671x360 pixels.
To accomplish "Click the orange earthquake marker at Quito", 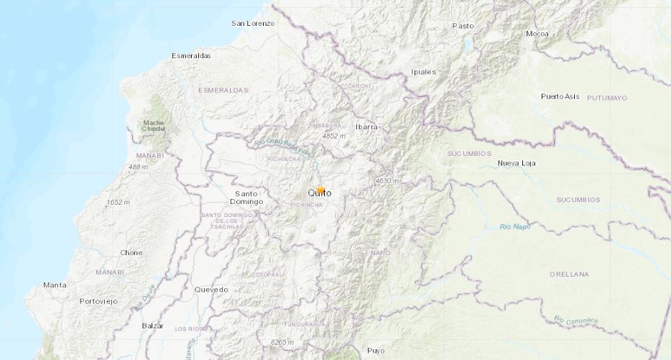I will point(320,190).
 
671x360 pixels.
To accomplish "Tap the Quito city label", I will point(319,193).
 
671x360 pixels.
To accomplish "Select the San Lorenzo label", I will point(252,24).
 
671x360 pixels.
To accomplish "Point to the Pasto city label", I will point(463,26).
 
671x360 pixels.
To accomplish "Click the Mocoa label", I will point(537,34).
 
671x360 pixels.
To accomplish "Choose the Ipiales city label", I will point(423,72).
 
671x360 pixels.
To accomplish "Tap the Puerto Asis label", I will point(560,96).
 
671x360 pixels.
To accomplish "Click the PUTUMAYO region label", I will point(607,97).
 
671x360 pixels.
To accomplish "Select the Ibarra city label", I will point(366,126).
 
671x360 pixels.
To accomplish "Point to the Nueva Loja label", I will point(518,165).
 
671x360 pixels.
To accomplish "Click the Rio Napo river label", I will point(514,227).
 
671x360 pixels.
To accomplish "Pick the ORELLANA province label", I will point(568,274).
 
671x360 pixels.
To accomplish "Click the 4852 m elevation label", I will point(334,135).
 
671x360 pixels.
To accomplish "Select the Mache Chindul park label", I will point(153,125).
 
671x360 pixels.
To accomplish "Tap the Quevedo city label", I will point(211,289).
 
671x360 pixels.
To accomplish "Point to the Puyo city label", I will point(376,351).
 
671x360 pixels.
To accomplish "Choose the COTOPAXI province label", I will point(269,275).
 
